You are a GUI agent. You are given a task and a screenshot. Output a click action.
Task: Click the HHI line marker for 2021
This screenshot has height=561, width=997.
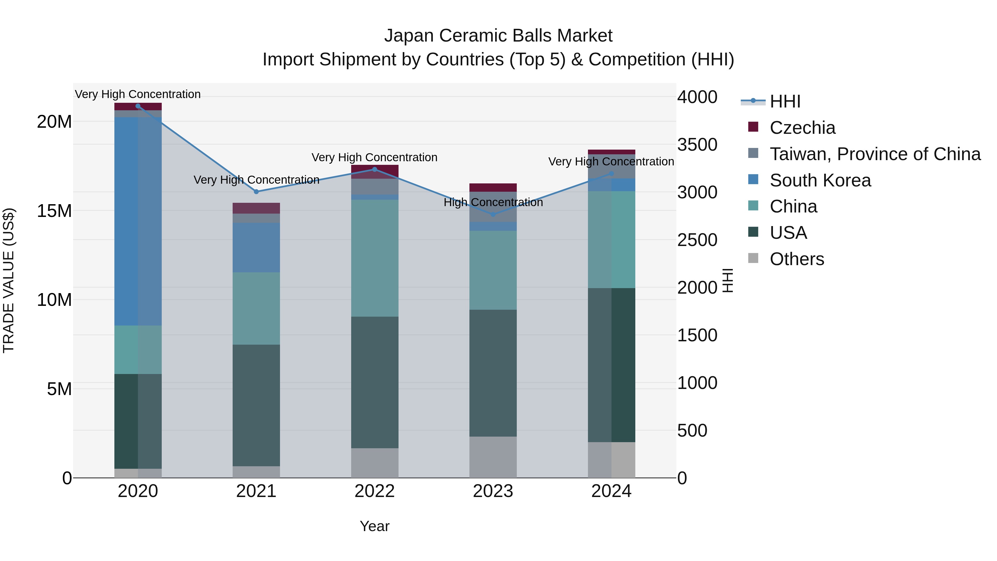click(256, 192)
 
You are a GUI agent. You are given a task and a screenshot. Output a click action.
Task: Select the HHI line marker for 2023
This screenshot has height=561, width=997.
click(493, 214)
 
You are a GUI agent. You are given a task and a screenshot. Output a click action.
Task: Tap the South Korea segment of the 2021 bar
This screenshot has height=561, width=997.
click(256, 247)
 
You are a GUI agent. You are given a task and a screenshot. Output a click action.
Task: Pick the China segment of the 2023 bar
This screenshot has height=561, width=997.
click(493, 270)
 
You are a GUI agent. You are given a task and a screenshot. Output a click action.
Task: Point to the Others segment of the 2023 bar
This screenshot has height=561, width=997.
click(493, 457)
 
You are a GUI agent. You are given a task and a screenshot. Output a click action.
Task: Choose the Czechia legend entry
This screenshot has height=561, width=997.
click(802, 128)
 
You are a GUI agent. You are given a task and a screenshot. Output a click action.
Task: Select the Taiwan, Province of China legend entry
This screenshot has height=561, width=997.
click(875, 154)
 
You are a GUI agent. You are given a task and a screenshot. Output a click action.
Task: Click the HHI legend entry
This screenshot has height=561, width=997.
click(785, 101)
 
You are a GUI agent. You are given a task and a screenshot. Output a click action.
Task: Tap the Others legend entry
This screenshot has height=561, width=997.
click(796, 259)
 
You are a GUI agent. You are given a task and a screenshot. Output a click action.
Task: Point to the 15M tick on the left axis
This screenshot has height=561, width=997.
click(55, 211)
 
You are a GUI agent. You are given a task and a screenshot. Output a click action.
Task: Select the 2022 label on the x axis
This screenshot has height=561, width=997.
click(375, 491)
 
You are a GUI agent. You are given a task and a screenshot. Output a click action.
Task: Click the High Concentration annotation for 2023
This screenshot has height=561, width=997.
click(493, 202)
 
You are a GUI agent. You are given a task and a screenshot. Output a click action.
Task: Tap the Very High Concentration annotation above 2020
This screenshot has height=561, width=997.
click(138, 94)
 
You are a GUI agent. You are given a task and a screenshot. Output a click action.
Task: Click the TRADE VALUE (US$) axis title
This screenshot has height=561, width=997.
click(9, 280)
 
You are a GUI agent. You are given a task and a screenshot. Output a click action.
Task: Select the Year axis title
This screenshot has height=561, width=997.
click(375, 526)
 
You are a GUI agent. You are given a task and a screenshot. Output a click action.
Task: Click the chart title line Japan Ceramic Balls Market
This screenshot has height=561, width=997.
click(498, 36)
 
